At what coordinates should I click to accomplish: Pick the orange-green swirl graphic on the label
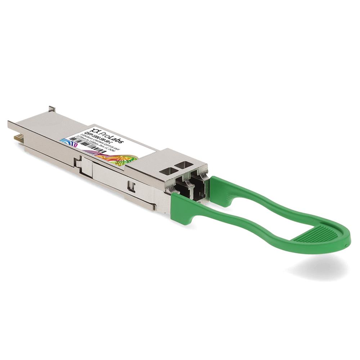click(119, 158)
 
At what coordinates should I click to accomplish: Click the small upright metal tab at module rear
click(52, 108)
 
